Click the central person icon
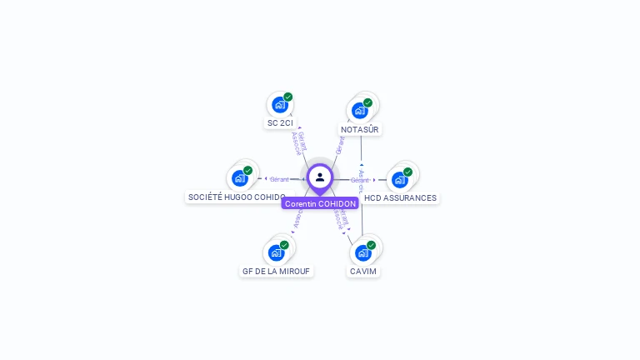(x=320, y=177)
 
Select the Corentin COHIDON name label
(x=320, y=203)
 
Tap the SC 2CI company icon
(x=279, y=105)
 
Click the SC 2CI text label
(x=280, y=123)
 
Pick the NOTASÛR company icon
(x=359, y=110)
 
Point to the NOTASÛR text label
(x=360, y=129)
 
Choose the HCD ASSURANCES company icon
(x=399, y=179)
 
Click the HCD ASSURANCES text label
(x=400, y=198)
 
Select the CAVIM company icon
(x=362, y=252)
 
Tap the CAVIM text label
(x=363, y=272)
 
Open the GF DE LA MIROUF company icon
(x=276, y=252)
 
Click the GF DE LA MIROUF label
(x=276, y=272)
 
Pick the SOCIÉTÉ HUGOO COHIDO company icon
(x=239, y=177)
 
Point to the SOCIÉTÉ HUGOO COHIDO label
(x=237, y=197)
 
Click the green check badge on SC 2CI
(x=288, y=97)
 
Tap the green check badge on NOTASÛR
(x=368, y=102)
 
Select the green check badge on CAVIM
(x=372, y=245)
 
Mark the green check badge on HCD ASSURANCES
(x=408, y=172)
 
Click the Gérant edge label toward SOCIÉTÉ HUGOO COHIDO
(x=279, y=179)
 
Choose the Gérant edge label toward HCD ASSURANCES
(x=359, y=180)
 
